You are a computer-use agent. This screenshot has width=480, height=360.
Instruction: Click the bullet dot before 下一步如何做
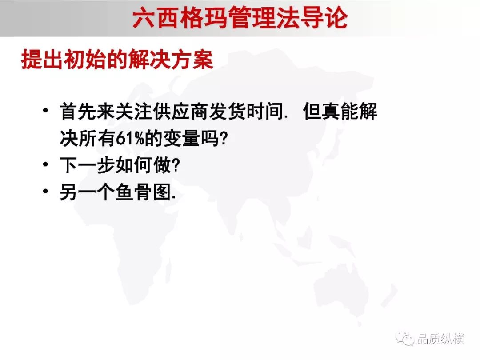point(46,164)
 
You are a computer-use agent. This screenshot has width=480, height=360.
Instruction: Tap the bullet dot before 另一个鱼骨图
point(46,191)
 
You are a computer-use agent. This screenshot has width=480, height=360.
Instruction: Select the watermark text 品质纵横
point(440,339)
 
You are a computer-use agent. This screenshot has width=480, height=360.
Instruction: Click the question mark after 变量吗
point(224,138)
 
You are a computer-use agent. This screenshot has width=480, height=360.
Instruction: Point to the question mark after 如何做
point(176,165)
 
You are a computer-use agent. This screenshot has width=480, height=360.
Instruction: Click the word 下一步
point(87,165)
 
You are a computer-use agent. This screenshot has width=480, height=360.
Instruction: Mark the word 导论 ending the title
point(325,18)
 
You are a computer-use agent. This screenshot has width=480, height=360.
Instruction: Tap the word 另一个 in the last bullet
point(87,192)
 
